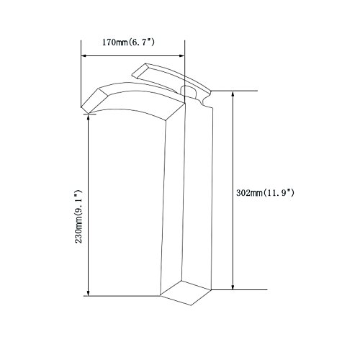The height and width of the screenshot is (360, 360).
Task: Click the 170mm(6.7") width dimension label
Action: pyautogui.click(x=128, y=42)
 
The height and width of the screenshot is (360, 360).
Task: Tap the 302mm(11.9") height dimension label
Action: pyautogui.click(x=265, y=193)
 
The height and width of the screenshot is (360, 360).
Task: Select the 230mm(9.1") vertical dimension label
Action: pyautogui.click(x=78, y=217)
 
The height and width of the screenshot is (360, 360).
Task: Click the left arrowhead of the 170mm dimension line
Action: pyautogui.click(x=84, y=55)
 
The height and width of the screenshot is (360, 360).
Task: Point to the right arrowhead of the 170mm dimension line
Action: pyautogui.click(x=182, y=55)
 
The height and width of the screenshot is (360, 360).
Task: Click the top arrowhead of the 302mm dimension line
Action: pyautogui.click(x=233, y=94)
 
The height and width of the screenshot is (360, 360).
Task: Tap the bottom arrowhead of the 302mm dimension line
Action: pyautogui.click(x=233, y=287)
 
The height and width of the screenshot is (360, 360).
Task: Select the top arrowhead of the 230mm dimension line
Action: pyautogui.click(x=88, y=117)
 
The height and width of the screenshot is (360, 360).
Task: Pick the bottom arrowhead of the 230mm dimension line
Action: pyautogui.click(x=88, y=293)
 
